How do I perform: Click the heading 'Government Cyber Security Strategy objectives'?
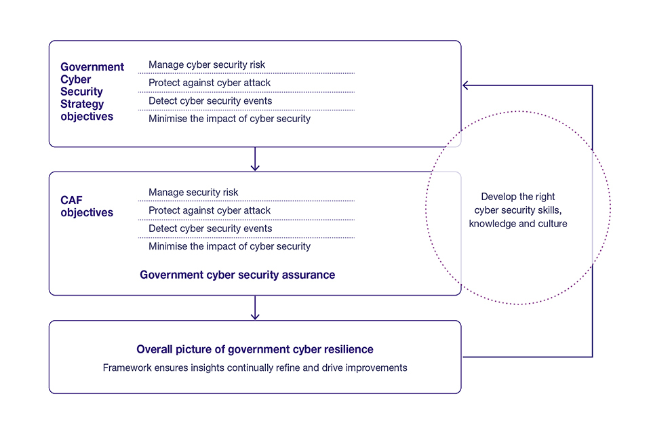click(x=92, y=92)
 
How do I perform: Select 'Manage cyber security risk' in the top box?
click(x=207, y=65)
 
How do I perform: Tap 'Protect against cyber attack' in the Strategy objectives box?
click(x=210, y=83)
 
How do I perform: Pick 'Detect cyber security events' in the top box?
click(x=210, y=101)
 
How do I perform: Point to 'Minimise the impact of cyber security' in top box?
click(x=229, y=119)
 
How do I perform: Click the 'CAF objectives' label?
click(x=87, y=207)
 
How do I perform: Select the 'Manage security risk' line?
click(x=194, y=193)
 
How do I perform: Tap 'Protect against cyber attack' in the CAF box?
click(x=210, y=211)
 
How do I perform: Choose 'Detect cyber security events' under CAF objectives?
click(x=210, y=229)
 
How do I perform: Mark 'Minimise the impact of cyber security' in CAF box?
click(x=229, y=246)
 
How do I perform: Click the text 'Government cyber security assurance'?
click(x=237, y=275)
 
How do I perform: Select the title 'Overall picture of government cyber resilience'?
click(x=255, y=349)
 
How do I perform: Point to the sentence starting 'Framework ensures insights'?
click(x=255, y=368)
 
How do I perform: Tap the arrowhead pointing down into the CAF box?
click(x=255, y=167)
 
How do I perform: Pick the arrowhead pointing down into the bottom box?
click(x=255, y=315)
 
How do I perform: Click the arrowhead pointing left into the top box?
click(x=467, y=85)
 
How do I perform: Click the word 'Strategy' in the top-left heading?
click(x=83, y=104)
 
